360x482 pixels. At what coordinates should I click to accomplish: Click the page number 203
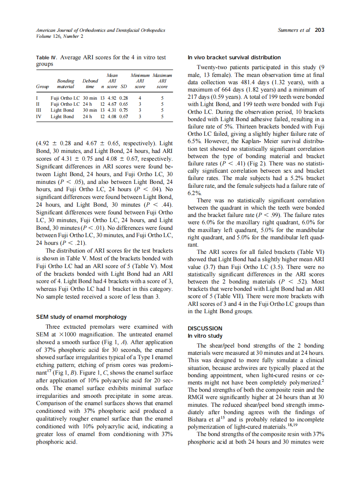(319, 30)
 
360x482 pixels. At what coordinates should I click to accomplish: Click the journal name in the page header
(100, 30)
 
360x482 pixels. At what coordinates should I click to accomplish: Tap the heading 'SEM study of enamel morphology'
(81, 317)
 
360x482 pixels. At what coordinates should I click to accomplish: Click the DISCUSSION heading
(205, 328)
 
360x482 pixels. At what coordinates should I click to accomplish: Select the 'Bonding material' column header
(66, 83)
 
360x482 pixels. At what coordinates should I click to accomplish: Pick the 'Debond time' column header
(90, 83)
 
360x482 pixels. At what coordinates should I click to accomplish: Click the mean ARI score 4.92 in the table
(111, 98)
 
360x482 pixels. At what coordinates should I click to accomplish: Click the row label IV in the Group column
(38, 116)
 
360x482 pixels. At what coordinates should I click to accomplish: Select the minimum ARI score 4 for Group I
(140, 98)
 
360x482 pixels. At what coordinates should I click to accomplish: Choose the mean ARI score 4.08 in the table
(111, 116)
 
